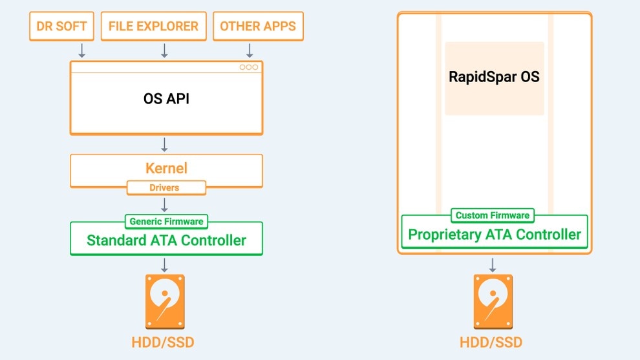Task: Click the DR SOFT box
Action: point(62,26)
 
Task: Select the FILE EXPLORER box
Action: point(154,26)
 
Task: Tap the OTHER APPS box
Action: point(258,26)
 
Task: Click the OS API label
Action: point(166,99)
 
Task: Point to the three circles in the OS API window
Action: point(248,67)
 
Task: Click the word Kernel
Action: point(166,169)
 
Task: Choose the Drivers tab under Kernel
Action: point(166,187)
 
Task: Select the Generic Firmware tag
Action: point(166,221)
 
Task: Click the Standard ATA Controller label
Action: point(166,240)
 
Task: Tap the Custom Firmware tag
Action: point(493,215)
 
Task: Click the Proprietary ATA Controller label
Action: point(495,234)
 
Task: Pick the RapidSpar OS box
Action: point(495,78)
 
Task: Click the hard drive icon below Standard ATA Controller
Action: point(165,302)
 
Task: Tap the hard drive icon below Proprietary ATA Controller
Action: point(493,302)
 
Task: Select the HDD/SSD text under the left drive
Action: point(165,342)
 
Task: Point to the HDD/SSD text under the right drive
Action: point(493,342)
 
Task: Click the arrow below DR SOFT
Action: point(82,50)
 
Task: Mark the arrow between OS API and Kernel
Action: point(165,143)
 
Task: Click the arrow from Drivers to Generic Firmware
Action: point(165,204)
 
